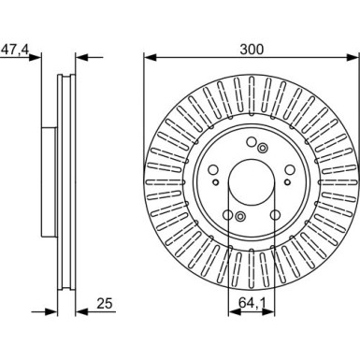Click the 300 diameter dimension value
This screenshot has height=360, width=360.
pos(252,49)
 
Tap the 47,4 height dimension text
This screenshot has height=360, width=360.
pos(15,50)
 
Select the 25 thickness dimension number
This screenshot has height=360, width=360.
pos(105,303)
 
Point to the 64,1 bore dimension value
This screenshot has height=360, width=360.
pos(252,302)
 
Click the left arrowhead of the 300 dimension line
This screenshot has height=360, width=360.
pos(151,57)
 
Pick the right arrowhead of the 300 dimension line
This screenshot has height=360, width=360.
pos(353,57)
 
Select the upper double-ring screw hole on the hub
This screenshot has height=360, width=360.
pos(263,148)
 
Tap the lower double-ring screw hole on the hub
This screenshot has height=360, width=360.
pos(240,216)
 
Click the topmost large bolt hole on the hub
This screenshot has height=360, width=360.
pos(252,142)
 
